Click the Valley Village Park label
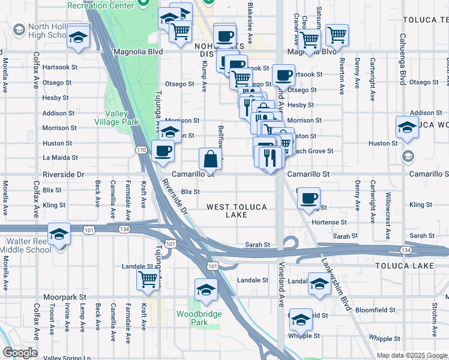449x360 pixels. [x=122, y=118]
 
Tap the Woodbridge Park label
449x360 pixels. [x=199, y=318]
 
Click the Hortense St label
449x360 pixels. [x=330, y=221]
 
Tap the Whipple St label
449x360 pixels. [x=379, y=338]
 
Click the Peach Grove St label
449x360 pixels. [x=312, y=151]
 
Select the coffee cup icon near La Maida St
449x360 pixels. [x=162, y=151]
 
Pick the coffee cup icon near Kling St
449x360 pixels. [x=309, y=197]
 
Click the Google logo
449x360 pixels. [x=19, y=353]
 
